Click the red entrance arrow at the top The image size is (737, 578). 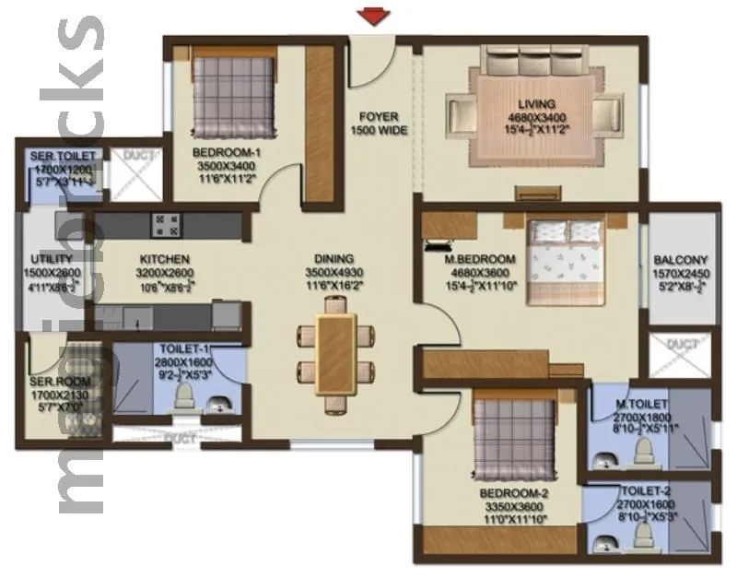(372, 14)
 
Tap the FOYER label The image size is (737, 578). (378, 117)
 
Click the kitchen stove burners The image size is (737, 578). (166, 225)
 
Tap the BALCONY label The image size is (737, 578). (681, 260)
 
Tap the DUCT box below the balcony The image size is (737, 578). (682, 353)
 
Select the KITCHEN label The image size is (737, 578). (165, 260)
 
